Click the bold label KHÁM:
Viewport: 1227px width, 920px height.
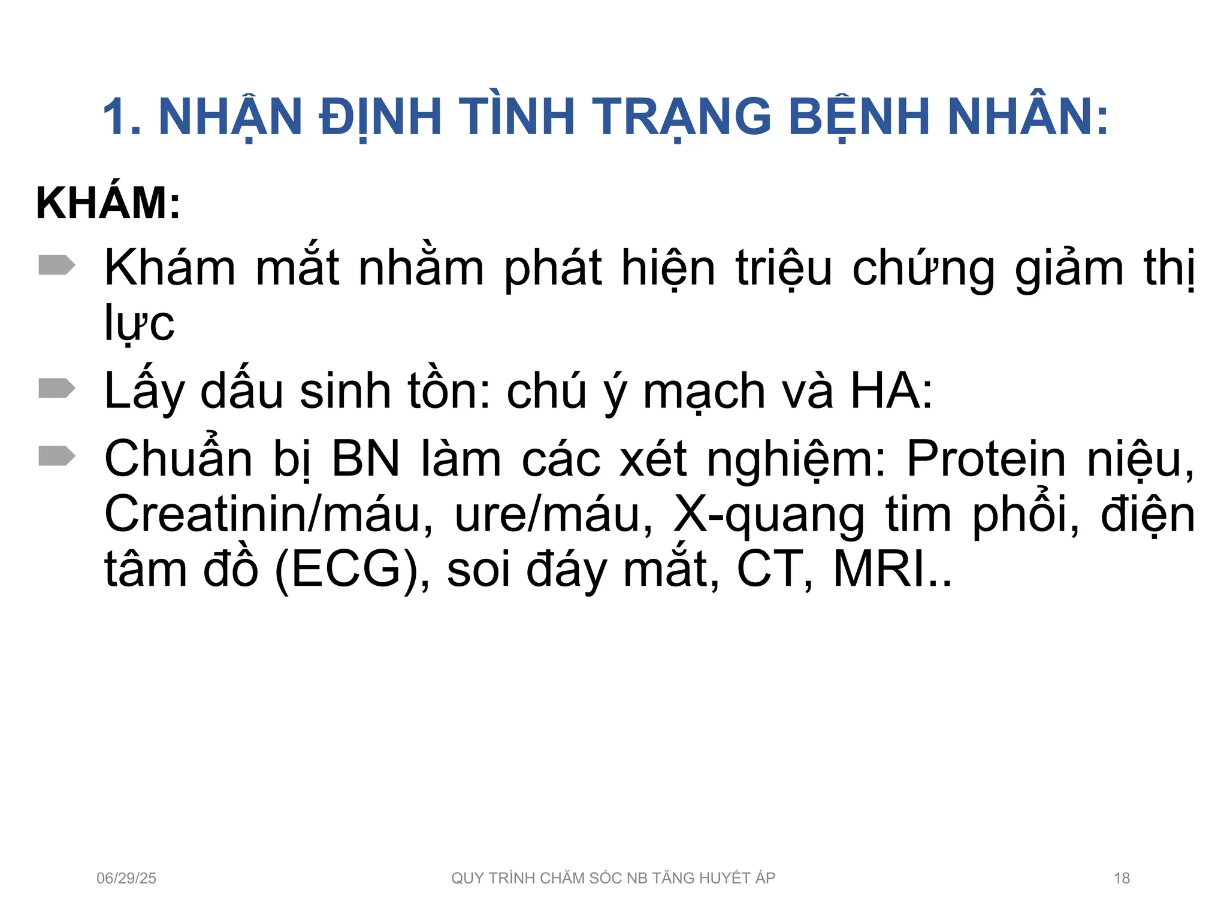[x=108, y=204]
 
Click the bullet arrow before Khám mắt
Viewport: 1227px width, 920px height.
[x=57, y=265]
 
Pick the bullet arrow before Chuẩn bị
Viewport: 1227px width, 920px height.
[x=57, y=456]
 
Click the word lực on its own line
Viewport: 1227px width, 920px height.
[x=139, y=323]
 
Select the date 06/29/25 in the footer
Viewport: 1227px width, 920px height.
[x=126, y=878]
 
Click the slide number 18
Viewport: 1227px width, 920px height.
[x=1122, y=878]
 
